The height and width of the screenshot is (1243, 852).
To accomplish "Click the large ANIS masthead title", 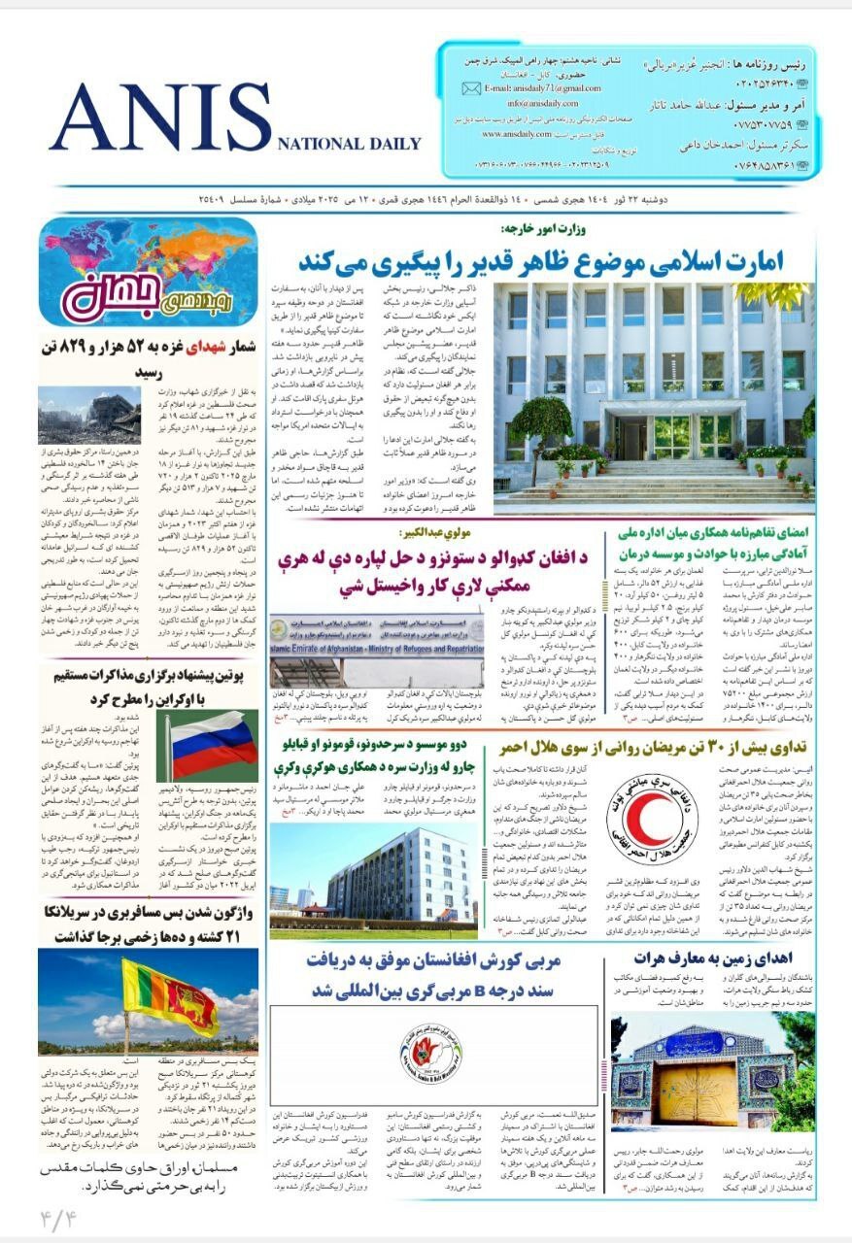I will [x=160, y=118].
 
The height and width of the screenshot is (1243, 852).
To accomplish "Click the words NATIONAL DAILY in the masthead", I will [x=349, y=144].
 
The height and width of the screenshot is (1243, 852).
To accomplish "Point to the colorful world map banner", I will [x=149, y=271].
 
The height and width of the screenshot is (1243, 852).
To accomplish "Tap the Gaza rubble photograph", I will [x=89, y=416].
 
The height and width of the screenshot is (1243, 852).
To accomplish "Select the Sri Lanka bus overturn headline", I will [x=149, y=924].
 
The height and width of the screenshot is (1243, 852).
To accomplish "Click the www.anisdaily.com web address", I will [x=518, y=134].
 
